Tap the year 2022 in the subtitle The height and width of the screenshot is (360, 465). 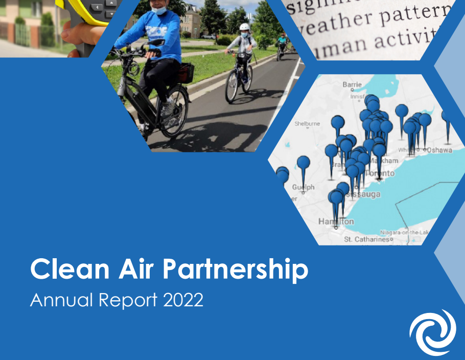(x=183, y=300)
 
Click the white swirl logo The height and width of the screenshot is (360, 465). (x=432, y=332)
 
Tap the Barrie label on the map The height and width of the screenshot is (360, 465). (x=352, y=84)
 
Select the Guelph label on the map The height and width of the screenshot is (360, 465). (x=303, y=187)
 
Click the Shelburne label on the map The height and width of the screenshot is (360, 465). (x=307, y=123)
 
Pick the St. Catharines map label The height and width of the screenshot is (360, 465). (x=367, y=239)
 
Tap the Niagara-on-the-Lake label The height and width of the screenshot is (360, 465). (x=404, y=233)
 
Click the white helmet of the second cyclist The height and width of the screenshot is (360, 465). (x=245, y=27)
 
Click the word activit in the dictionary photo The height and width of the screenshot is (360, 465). (x=404, y=43)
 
